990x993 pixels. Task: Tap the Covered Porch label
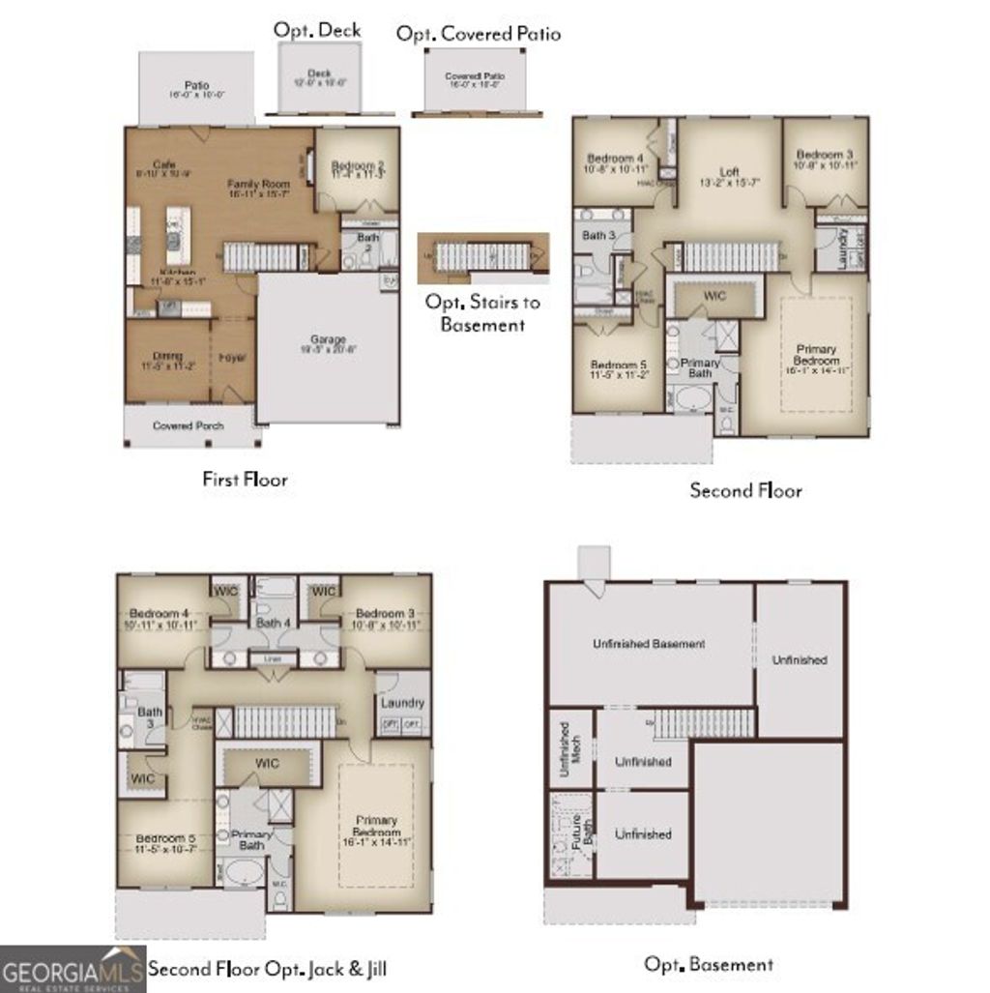[189, 425]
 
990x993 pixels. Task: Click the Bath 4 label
[274, 623]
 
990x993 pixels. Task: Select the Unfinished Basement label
[649, 644]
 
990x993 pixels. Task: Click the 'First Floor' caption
[245, 479]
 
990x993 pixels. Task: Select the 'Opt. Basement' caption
[709, 964]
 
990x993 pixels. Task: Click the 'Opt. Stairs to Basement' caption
[482, 312]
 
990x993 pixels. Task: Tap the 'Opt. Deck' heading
[317, 30]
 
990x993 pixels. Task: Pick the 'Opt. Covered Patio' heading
[479, 34]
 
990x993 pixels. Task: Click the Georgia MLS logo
[73, 970]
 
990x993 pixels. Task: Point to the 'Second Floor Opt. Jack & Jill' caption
[268, 969]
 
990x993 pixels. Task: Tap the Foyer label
[232, 357]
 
